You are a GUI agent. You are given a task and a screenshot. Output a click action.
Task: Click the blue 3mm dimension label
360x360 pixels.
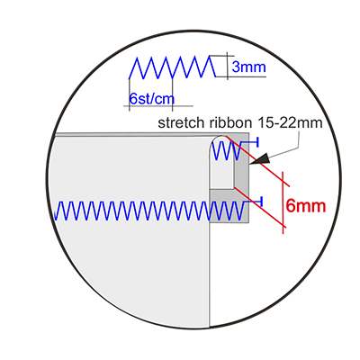pyautogui.click(x=248, y=67)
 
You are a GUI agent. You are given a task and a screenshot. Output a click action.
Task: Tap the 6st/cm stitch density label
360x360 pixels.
pyautogui.click(x=152, y=98)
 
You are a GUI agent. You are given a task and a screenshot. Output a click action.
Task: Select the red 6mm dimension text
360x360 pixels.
pyautogui.click(x=306, y=206)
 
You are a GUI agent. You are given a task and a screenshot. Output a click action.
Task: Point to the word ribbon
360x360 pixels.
pyautogui.click(x=230, y=122)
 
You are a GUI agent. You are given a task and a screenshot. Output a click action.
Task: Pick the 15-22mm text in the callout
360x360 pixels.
pyautogui.click(x=290, y=122)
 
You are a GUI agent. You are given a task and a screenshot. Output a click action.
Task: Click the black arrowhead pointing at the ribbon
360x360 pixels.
pyautogui.click(x=260, y=159)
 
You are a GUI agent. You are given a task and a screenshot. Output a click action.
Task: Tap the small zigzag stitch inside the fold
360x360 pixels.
pyautogui.click(x=227, y=150)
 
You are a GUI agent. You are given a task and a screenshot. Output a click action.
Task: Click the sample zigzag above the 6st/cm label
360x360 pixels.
pyautogui.click(x=172, y=67)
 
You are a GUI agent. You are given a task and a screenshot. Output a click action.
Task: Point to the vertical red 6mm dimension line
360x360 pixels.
pyautogui.click(x=283, y=202)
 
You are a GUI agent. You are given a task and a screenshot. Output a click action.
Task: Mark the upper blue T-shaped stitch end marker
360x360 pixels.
pyautogui.click(x=254, y=142)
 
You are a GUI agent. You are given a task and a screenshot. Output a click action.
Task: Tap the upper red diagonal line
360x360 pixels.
pyautogui.click(x=258, y=161)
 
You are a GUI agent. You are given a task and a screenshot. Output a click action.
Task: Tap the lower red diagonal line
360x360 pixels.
pyautogui.click(x=260, y=208)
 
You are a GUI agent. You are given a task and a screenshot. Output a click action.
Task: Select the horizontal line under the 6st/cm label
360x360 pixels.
pyautogui.click(x=158, y=106)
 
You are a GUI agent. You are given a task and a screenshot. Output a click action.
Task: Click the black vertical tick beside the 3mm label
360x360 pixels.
pyautogui.click(x=227, y=66)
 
